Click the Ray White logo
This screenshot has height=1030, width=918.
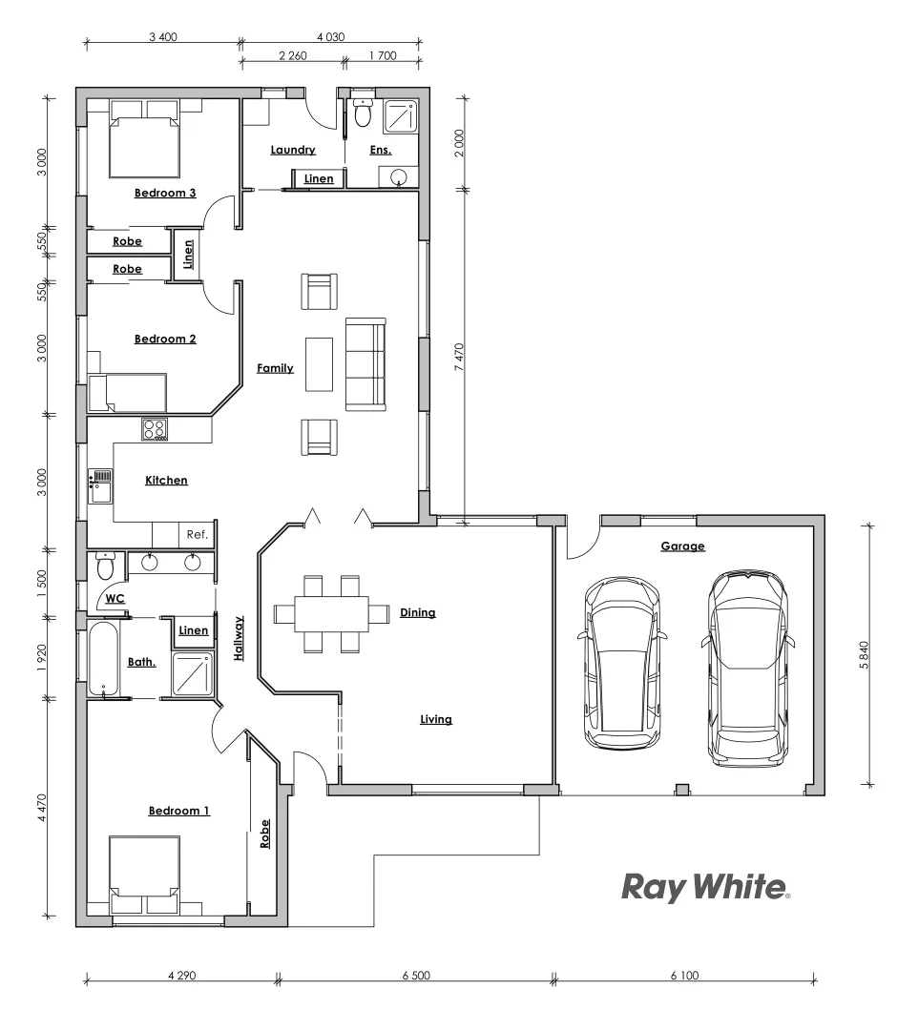point(705,887)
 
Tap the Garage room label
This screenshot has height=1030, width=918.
point(682,546)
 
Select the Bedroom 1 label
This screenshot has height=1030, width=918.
point(179,811)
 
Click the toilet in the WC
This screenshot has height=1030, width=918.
point(106,566)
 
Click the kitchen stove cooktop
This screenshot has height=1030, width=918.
point(155,430)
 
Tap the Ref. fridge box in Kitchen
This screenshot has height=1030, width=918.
point(198,534)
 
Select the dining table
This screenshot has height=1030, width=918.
point(331,613)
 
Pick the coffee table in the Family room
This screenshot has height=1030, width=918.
point(319,363)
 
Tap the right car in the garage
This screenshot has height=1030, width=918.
point(748,668)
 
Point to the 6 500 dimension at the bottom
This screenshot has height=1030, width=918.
point(415,976)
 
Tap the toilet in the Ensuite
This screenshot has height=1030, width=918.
point(362,113)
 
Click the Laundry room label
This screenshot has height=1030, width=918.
point(293,150)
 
